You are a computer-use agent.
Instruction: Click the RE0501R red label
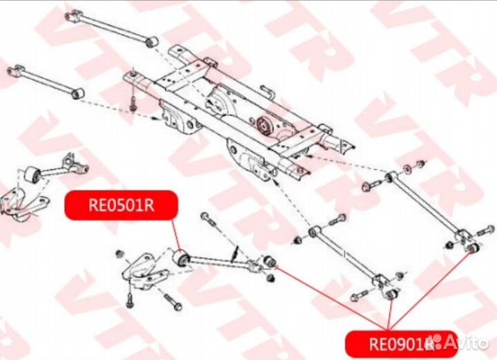tap(121, 205)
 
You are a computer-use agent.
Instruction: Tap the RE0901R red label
tap(401, 343)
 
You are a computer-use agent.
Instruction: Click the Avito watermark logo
tap(461, 342)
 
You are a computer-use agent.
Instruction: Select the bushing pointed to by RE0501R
tap(182, 258)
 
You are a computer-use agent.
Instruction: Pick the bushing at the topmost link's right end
tap(153, 41)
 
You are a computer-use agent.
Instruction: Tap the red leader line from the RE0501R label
tap(176, 235)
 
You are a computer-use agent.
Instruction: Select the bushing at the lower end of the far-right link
tap(473, 248)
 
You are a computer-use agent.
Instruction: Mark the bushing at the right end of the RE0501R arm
tap(270, 261)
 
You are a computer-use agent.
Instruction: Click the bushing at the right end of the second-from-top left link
tap(77, 93)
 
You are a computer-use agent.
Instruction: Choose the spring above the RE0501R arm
tap(235, 254)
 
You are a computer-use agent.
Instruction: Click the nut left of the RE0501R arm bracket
tap(119, 254)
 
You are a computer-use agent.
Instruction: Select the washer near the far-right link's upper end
tap(407, 169)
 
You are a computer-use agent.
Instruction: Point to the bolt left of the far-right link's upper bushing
tap(372, 184)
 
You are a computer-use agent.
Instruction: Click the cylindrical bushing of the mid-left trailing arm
tap(32, 175)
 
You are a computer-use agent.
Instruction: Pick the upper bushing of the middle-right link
tap(314, 231)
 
